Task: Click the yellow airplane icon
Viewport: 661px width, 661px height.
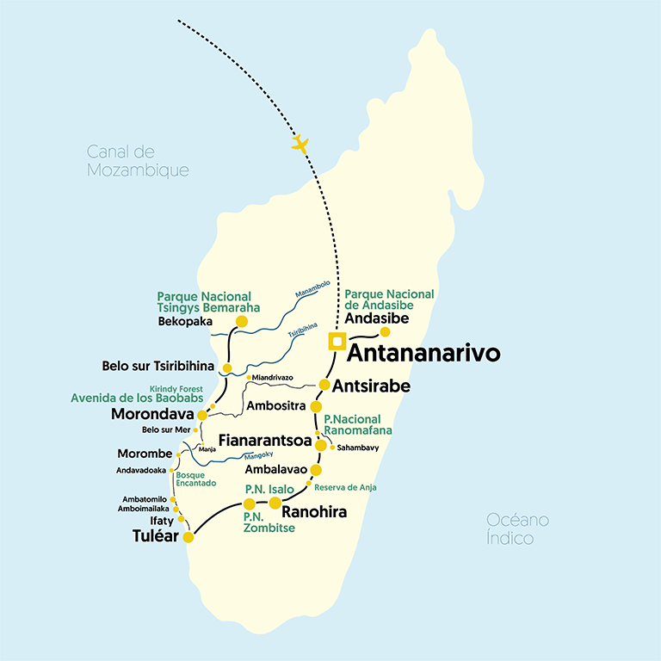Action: [300, 144]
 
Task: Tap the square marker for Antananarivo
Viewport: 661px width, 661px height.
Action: [337, 342]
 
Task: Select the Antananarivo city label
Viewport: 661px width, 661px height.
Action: [423, 354]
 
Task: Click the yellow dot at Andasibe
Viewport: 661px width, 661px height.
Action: [386, 332]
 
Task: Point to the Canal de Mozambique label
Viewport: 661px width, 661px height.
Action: [138, 161]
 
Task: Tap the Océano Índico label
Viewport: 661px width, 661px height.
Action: [517, 528]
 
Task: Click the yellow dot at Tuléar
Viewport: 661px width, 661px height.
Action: [188, 538]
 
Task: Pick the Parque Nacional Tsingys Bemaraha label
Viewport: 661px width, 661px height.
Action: [208, 302]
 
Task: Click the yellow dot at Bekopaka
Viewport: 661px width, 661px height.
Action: [242, 322]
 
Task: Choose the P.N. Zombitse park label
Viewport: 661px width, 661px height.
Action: [269, 522]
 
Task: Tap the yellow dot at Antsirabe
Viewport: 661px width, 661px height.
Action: [324, 385]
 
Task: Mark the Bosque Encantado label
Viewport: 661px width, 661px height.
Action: [195, 479]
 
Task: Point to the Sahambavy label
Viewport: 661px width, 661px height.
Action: [358, 448]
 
